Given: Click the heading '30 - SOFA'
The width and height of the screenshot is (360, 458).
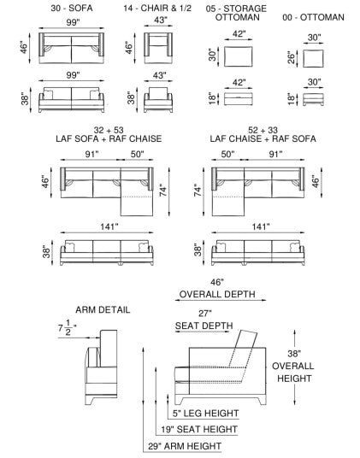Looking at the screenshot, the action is [72, 8].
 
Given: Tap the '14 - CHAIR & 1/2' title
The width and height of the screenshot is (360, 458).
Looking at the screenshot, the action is [157, 8].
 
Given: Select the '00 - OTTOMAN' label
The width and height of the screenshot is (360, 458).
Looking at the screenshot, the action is [313, 17].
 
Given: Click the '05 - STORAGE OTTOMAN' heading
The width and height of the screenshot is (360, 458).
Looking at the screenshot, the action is [237, 13].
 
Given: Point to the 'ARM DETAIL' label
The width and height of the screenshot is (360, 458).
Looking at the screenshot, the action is [103, 309].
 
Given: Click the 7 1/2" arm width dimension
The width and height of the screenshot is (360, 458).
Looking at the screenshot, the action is [67, 328].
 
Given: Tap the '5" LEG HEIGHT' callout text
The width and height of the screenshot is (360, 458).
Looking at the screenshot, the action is [206, 414].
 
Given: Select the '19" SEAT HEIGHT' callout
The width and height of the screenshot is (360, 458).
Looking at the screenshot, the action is [199, 429].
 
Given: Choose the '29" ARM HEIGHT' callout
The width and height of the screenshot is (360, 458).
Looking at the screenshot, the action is [185, 446].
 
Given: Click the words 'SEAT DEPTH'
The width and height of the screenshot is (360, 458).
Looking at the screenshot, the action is [204, 326].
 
